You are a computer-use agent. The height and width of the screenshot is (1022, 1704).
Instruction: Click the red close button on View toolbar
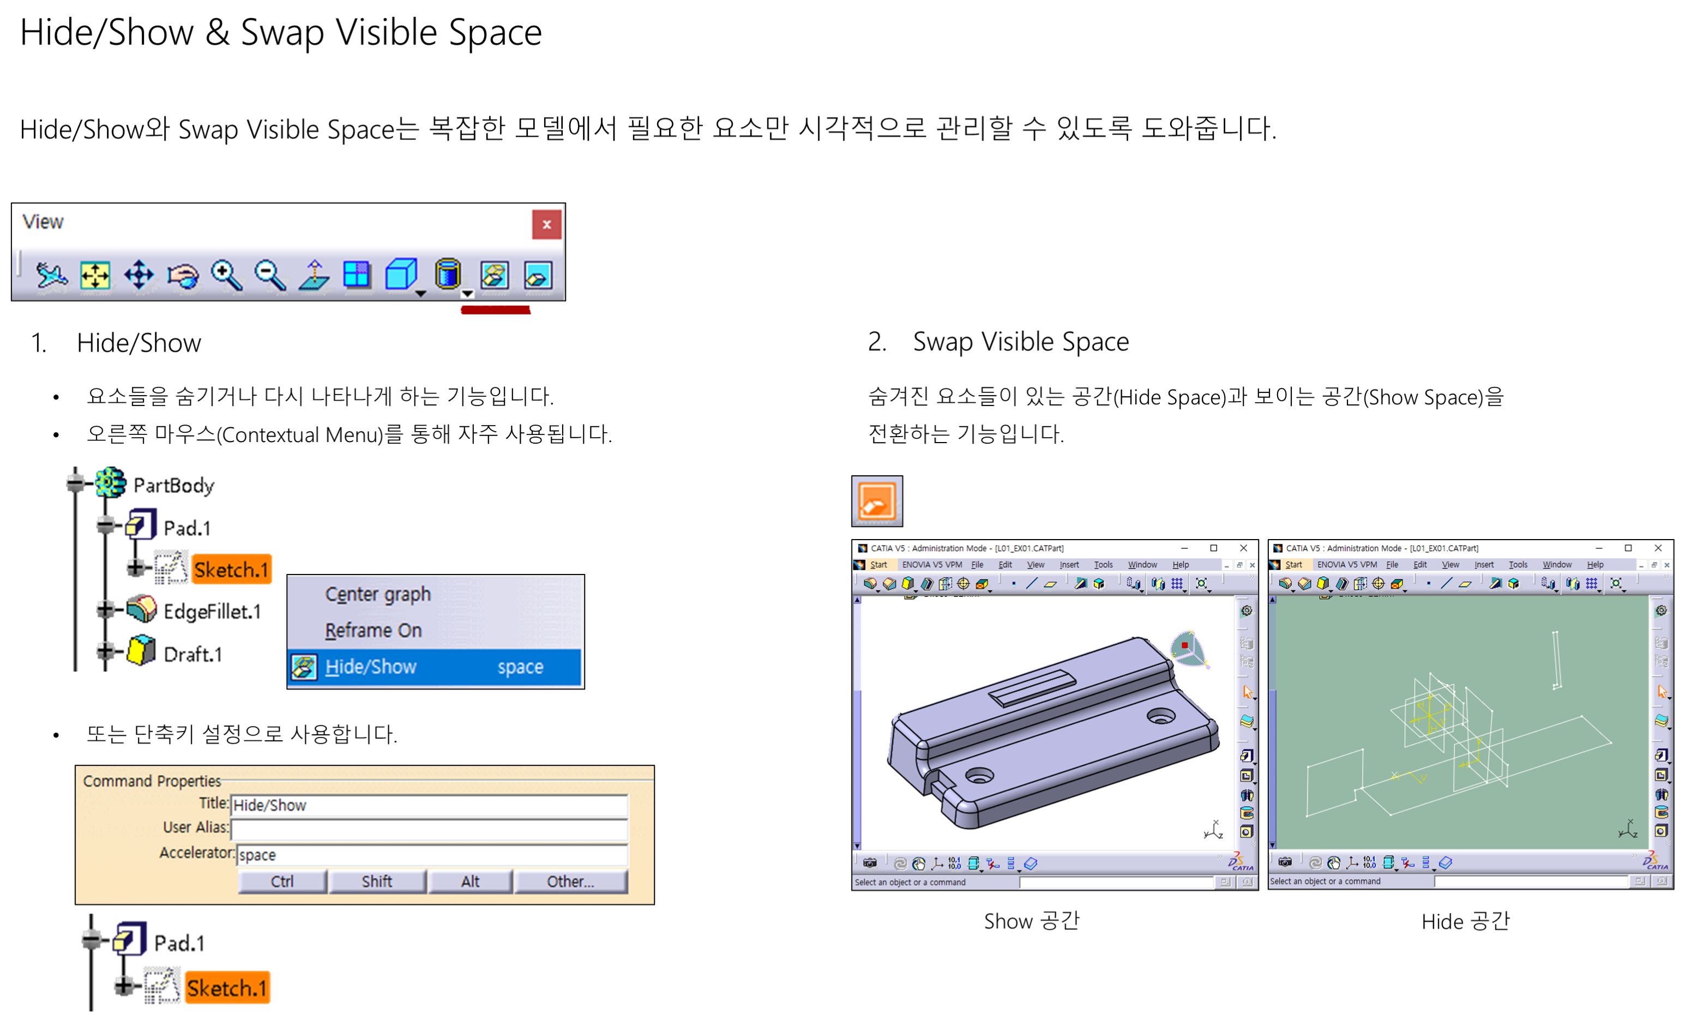coord(546,225)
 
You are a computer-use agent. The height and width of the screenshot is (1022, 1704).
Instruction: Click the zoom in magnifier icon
coord(226,275)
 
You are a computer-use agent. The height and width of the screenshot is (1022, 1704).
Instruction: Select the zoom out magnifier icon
coord(269,275)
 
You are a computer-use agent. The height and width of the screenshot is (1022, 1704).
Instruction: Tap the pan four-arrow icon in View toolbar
coord(139,275)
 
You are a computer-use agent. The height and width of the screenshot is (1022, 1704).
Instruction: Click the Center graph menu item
coord(377,594)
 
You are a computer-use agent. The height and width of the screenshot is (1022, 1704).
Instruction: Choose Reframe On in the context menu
coord(374,630)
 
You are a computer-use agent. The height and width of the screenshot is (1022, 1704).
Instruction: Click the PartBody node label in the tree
coord(173,486)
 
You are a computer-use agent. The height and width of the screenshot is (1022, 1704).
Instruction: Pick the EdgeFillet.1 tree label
coord(212,612)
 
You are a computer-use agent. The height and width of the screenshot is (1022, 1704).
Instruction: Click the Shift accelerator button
coord(377,881)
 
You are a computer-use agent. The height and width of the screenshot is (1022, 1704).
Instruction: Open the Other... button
coord(570,881)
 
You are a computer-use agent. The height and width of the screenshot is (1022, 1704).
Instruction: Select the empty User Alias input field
coord(429,829)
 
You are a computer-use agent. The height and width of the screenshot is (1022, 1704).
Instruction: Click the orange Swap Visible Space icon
coord(877,501)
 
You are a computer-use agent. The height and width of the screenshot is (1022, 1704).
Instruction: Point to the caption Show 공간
coord(1031,922)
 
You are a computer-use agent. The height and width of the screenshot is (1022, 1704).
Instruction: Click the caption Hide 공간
coord(1465,922)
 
